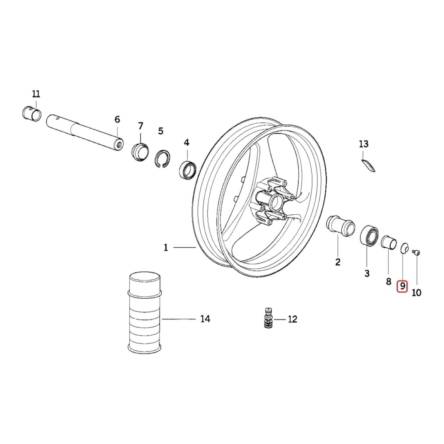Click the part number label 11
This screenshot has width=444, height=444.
36,94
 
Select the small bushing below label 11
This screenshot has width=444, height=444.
33,114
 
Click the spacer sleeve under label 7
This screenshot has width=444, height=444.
140,151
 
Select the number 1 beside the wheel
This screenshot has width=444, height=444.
166,247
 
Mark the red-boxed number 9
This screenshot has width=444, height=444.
402,287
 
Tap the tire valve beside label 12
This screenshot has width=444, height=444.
269,318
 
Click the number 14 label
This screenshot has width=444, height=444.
205,319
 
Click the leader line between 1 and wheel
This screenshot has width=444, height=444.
184,247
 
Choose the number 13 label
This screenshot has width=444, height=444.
363,144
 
